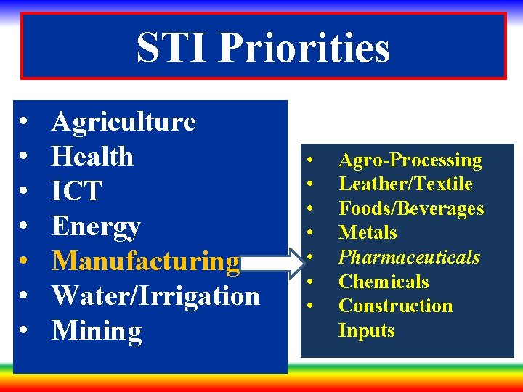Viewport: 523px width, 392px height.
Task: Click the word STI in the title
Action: (172, 48)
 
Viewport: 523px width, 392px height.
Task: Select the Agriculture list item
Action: (123, 122)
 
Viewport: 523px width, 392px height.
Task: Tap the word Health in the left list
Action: (92, 157)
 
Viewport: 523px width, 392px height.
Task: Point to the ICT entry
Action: (76, 192)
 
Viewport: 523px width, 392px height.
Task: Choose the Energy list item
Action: (96, 226)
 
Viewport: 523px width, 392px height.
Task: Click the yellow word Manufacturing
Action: (145, 261)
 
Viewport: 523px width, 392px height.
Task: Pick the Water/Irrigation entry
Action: (155, 296)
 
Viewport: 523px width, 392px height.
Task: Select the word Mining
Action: (97, 331)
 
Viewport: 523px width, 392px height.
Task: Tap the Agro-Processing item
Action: (410, 160)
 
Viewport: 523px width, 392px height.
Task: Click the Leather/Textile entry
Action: (405, 184)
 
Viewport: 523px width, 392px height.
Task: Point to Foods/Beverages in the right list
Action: (411, 208)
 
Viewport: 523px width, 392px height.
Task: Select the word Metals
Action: (368, 233)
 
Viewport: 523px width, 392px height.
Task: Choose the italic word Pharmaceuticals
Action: (409, 258)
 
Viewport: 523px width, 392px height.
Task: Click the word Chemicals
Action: (384, 282)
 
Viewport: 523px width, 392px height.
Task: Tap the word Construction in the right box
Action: (395, 306)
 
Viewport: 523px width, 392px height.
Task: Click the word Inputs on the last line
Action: (366, 330)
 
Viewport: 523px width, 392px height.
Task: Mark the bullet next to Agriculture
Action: (25, 122)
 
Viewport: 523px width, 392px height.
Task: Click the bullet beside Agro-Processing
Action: (310, 160)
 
